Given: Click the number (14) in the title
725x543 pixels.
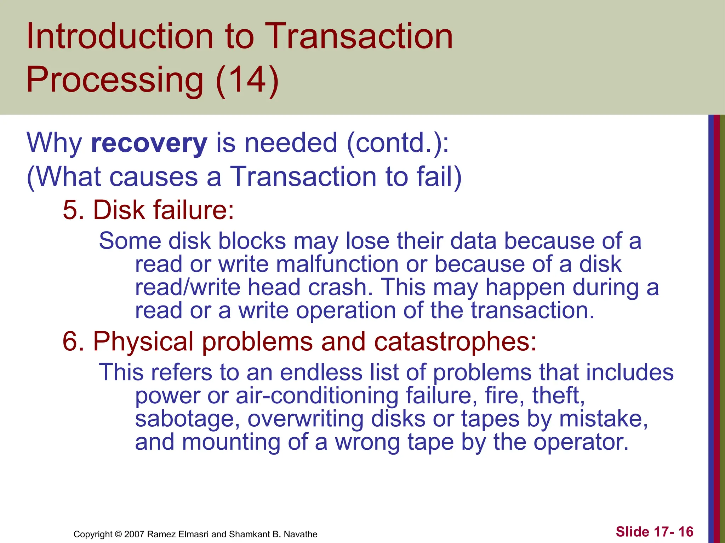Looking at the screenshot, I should click(x=247, y=80).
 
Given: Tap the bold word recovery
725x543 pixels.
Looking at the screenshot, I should click(x=149, y=143).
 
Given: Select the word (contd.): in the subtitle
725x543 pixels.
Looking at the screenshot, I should click(x=398, y=143).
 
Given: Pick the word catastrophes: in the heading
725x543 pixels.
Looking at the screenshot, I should click(x=455, y=342).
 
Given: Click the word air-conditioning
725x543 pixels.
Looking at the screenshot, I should click(x=317, y=396).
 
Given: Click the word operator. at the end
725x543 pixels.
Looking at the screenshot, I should click(x=581, y=442).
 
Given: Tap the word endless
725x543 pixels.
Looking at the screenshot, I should click(x=321, y=373).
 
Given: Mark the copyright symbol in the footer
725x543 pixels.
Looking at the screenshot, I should click(x=118, y=534).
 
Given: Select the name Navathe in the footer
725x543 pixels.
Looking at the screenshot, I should click(x=301, y=534).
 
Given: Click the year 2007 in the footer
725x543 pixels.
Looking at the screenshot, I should click(x=134, y=534).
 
